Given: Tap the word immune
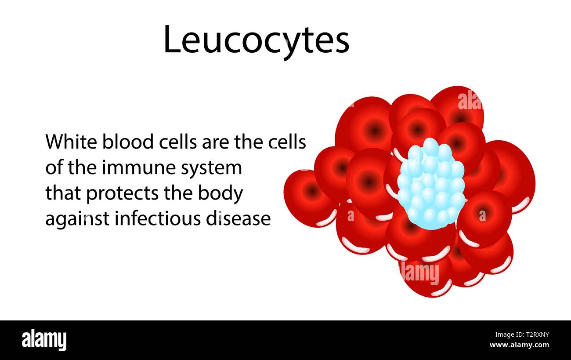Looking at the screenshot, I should coord(120,168).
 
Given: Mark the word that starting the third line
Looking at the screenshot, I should coord(63,193).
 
